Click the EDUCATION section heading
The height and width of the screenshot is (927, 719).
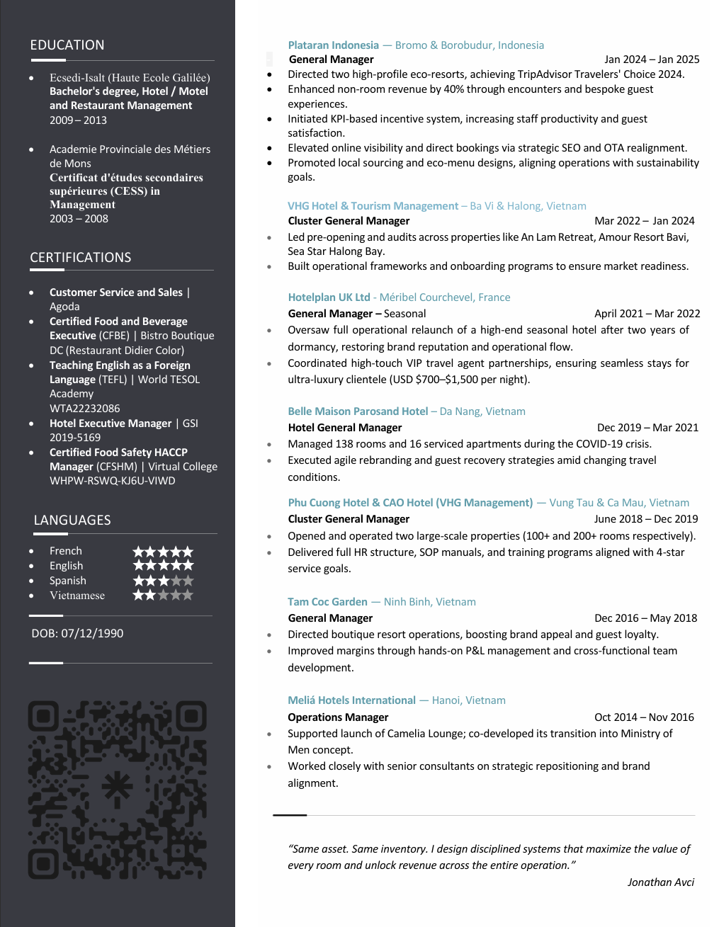coord(67,45)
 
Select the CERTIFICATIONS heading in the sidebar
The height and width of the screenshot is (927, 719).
coord(81,258)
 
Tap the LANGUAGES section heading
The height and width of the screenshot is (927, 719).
coord(72,521)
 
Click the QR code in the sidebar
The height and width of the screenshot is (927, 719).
coord(118,790)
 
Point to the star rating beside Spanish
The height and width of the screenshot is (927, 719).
coord(163,581)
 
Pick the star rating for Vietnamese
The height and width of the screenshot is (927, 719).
coord(163,596)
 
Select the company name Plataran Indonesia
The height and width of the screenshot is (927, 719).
coord(333,45)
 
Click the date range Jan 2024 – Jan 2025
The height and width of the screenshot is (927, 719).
coord(652,59)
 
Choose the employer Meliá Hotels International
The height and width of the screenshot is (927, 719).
coord(351,700)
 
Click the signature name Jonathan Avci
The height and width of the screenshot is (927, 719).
coord(660,882)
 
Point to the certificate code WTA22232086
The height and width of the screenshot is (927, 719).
coord(84,409)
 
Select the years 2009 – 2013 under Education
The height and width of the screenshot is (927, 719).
coord(78,120)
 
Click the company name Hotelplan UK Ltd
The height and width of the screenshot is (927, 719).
coord(329,297)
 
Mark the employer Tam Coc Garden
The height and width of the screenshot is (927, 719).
coord(327,602)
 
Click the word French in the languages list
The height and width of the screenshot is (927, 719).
coord(66,551)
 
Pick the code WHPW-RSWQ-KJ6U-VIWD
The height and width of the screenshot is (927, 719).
coord(112,481)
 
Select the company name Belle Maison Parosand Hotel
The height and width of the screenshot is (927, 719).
coord(358,411)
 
